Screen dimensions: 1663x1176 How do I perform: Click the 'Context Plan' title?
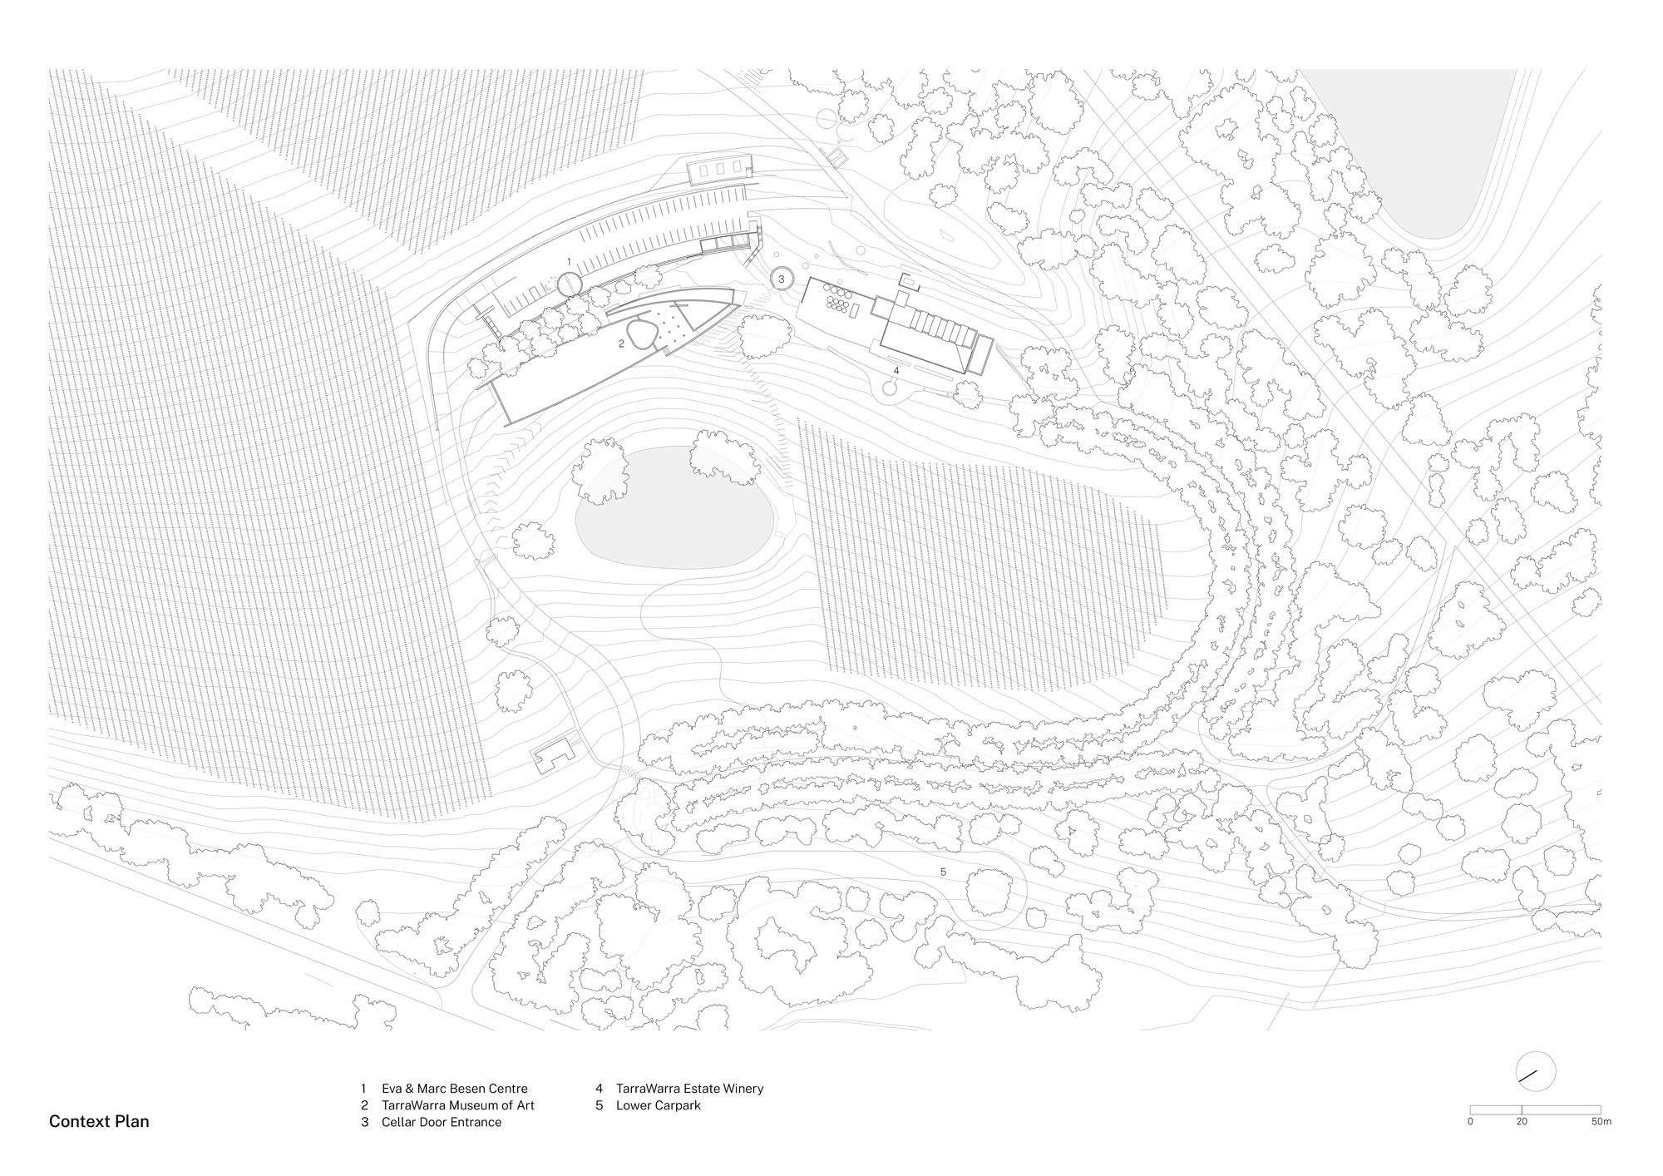click(99, 1121)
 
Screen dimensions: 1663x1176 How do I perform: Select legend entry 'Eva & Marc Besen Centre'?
click(455, 1089)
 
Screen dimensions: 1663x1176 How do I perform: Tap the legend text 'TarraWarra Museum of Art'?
click(458, 1105)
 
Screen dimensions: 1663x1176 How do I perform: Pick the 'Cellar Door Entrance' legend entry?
click(442, 1122)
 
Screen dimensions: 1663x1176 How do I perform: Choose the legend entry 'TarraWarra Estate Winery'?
click(689, 1089)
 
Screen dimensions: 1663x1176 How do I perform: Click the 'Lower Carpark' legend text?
click(659, 1105)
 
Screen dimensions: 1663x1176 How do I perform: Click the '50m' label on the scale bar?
click(1601, 1145)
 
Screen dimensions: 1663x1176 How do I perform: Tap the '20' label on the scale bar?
click(1522, 1145)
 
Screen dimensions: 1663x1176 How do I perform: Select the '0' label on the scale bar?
click(1470, 1145)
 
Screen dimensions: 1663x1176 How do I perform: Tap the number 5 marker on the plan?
click(943, 872)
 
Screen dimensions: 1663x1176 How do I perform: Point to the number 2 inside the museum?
click(621, 342)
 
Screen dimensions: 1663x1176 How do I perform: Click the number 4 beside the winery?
click(896, 370)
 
